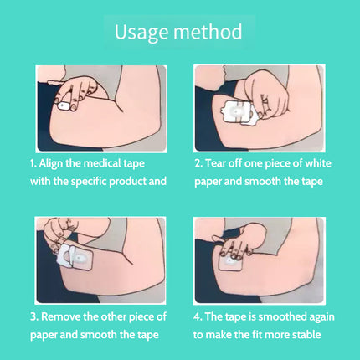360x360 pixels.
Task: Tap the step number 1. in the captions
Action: [33, 162]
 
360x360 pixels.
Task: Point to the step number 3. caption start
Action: [33, 316]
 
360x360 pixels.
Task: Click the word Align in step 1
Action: [54, 162]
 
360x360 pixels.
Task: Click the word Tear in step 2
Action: [219, 162]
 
